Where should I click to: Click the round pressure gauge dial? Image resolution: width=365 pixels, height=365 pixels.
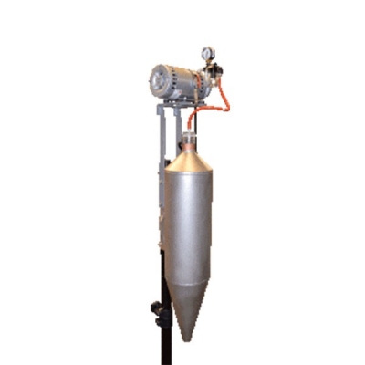coord(209,53)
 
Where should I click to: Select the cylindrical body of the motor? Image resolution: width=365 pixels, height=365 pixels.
coord(176,82)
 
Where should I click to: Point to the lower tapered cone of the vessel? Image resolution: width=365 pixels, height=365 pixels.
coord(188,297)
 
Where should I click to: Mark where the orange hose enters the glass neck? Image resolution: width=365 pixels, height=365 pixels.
coord(190,132)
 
